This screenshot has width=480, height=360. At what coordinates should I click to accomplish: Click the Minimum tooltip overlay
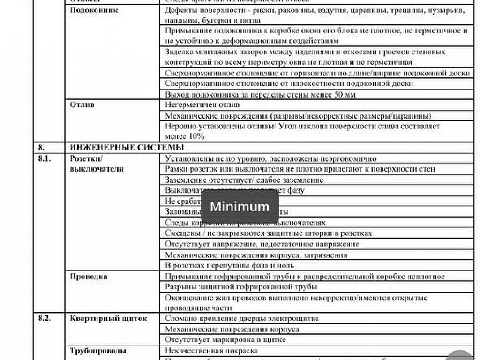[x=240, y=206]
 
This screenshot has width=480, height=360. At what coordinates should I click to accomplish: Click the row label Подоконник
[x=94, y=10]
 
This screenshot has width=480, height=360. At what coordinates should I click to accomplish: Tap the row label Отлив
[x=82, y=105]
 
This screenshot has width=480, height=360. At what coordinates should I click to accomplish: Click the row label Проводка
[x=89, y=276]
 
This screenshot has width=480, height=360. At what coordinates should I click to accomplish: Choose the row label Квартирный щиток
[x=108, y=318]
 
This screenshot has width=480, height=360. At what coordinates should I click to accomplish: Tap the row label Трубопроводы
[x=98, y=350]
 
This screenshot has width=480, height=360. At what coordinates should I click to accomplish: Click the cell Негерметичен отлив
[x=202, y=105]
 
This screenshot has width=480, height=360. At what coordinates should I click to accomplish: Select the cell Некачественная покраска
[x=211, y=351]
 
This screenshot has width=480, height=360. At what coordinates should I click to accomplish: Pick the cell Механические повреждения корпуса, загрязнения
[x=256, y=255]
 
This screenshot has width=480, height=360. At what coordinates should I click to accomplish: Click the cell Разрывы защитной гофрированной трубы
[x=241, y=286]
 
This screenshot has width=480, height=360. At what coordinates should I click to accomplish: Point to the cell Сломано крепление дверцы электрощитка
[x=242, y=318]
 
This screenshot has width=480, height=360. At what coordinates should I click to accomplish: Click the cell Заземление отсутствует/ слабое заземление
[x=244, y=180]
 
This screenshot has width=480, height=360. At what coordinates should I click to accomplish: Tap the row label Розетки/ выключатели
[x=97, y=164]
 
